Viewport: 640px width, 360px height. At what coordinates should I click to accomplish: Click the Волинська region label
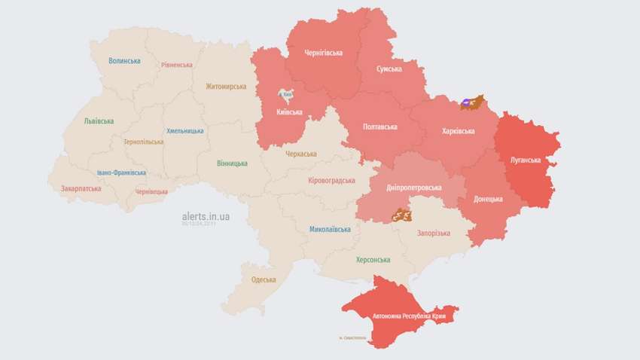click(x=124, y=61)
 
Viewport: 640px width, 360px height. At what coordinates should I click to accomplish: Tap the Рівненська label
click(x=177, y=66)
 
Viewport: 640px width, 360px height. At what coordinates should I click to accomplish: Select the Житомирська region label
click(x=226, y=87)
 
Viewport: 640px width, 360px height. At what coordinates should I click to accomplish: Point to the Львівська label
click(x=99, y=121)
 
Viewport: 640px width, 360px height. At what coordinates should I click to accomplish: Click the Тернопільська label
click(x=143, y=142)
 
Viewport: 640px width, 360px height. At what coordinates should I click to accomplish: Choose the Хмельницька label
click(x=184, y=131)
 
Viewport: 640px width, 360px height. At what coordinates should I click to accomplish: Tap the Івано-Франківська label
click(x=121, y=172)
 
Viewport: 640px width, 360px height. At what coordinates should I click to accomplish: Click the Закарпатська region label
click(x=81, y=188)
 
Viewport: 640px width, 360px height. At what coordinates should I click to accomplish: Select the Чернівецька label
click(x=151, y=192)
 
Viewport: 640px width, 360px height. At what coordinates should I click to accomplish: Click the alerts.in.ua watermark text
click(x=206, y=216)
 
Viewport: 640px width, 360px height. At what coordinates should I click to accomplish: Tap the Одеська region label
click(x=264, y=279)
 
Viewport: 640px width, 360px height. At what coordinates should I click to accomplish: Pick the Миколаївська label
click(x=330, y=229)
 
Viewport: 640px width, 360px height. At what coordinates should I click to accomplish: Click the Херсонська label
click(x=373, y=260)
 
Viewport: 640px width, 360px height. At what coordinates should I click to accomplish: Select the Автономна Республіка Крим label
click(x=404, y=317)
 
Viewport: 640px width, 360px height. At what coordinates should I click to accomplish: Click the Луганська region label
click(x=526, y=160)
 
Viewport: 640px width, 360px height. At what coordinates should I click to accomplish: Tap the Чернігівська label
click(x=324, y=53)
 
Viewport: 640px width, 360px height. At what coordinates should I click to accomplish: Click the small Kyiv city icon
click(x=287, y=95)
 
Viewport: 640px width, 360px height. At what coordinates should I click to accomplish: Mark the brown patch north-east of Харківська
click(x=472, y=102)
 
